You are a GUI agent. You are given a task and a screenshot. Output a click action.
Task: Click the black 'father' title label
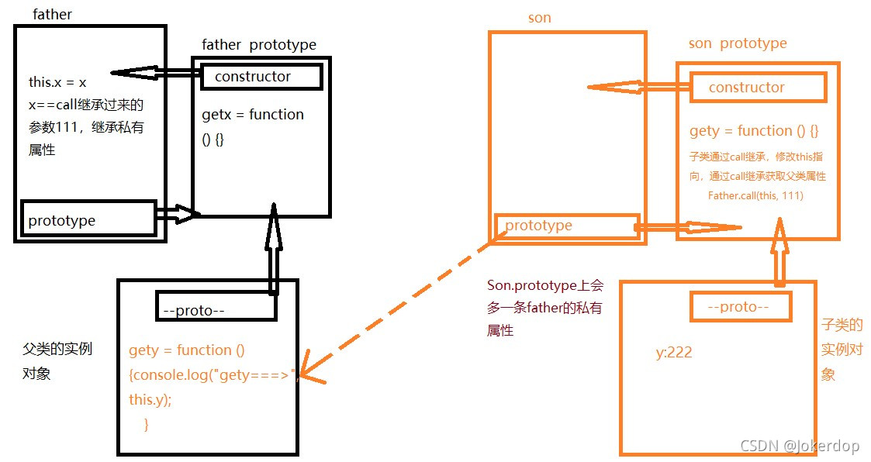pyautogui.click(x=52, y=15)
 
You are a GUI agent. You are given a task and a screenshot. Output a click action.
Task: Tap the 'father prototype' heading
pyautogui.click(x=258, y=44)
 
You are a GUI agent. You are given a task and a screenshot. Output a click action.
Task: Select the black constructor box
pyautogui.click(x=260, y=77)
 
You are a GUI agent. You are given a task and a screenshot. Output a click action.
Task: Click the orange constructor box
pyautogui.click(x=758, y=88)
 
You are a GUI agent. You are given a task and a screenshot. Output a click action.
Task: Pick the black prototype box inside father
pyautogui.click(x=89, y=220)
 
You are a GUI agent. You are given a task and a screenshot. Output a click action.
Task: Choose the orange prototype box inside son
pyautogui.click(x=568, y=226)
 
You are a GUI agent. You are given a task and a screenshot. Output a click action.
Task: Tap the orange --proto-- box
pyautogui.click(x=740, y=307)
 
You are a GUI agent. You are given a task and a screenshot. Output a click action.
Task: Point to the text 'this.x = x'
pyautogui.click(x=57, y=82)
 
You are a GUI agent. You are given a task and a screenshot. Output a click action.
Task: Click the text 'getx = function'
pyautogui.click(x=253, y=115)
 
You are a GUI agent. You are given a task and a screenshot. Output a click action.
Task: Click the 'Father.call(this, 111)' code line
pyautogui.click(x=755, y=195)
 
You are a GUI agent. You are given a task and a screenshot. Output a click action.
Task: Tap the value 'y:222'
pyautogui.click(x=674, y=353)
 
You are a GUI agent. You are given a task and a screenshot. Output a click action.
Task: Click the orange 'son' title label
pyautogui.click(x=539, y=18)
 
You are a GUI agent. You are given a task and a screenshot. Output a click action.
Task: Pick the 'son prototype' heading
pyautogui.click(x=737, y=43)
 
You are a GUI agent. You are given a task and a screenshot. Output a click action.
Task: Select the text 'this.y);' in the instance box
pyautogui.click(x=150, y=400)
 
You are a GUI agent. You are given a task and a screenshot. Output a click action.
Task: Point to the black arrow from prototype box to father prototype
pyautogui.click(x=178, y=214)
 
